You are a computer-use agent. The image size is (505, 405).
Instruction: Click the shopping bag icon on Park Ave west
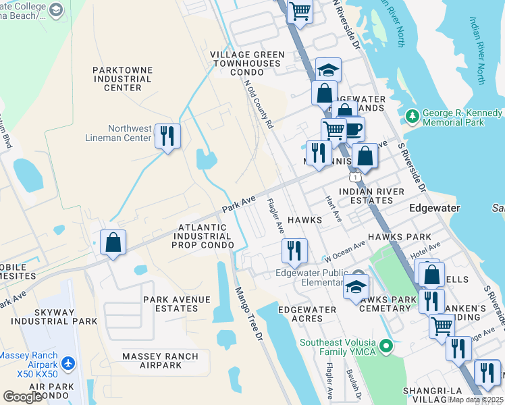click(x=113, y=242)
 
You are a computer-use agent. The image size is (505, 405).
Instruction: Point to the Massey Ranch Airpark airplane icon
click(x=68, y=364)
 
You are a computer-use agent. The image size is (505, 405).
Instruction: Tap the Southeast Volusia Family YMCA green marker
click(x=386, y=347)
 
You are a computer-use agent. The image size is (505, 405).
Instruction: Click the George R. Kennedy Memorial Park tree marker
click(x=413, y=117)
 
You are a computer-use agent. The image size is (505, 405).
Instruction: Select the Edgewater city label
click(x=435, y=209)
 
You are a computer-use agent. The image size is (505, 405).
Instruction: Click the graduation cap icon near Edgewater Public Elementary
click(x=356, y=286)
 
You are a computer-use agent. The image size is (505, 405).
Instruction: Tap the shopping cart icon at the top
click(x=300, y=11)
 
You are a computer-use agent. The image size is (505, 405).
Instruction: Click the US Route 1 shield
click(x=354, y=177)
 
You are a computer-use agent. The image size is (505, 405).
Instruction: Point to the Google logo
click(x=22, y=397)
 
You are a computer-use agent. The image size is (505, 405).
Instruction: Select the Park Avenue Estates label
click(x=171, y=304)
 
